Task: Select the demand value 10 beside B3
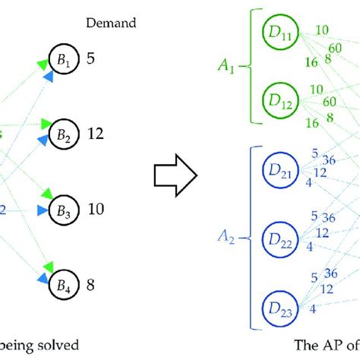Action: pyautogui.click(x=94, y=209)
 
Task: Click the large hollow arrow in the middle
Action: pyautogui.click(x=176, y=177)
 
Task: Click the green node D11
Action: pyautogui.click(x=276, y=32)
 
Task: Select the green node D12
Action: pyautogui.click(x=276, y=99)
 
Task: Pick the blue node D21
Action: pyautogui.click(x=276, y=168)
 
